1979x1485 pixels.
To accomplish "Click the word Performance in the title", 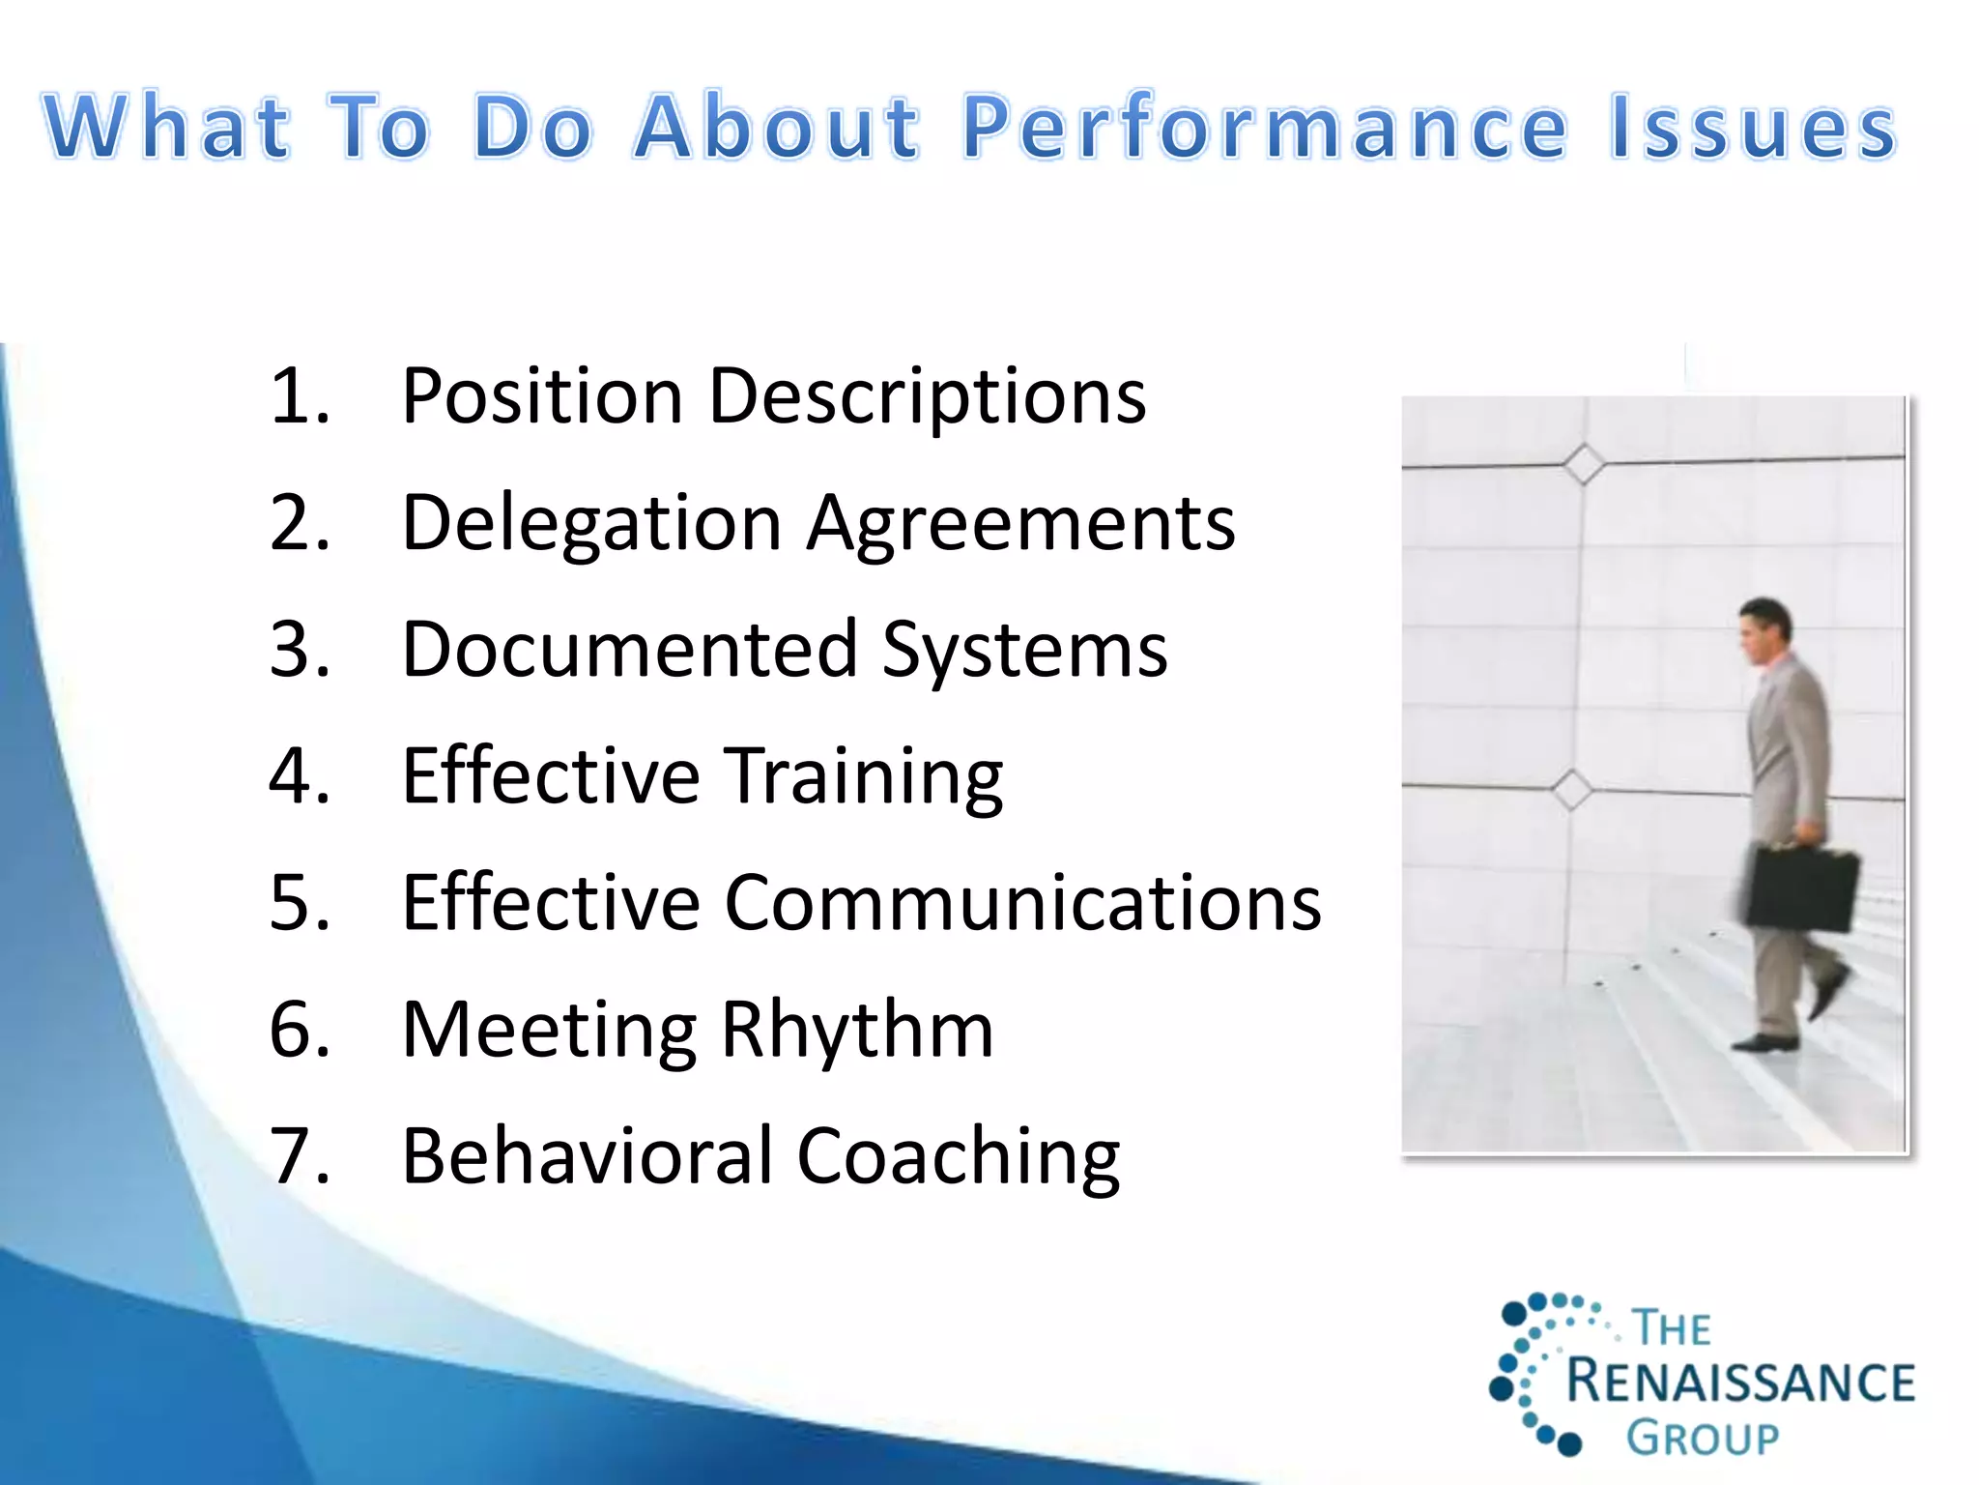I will [x=1264, y=128].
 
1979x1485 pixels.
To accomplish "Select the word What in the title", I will [x=166, y=128].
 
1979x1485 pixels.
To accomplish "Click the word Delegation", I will [x=590, y=523].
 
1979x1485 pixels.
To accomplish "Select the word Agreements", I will [x=1020, y=523].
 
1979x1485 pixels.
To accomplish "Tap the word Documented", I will [x=629, y=650].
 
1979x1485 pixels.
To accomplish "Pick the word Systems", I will [x=1024, y=650].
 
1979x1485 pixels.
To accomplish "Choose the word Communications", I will [x=1022, y=903].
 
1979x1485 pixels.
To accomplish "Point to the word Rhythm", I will [x=856, y=1030].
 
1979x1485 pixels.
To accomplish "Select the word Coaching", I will [x=958, y=1156].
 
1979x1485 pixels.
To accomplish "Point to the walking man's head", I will [x=1764, y=629].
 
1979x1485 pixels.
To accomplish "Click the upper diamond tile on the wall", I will [x=1584, y=464].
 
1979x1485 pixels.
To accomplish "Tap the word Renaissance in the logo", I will [x=1739, y=1382].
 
